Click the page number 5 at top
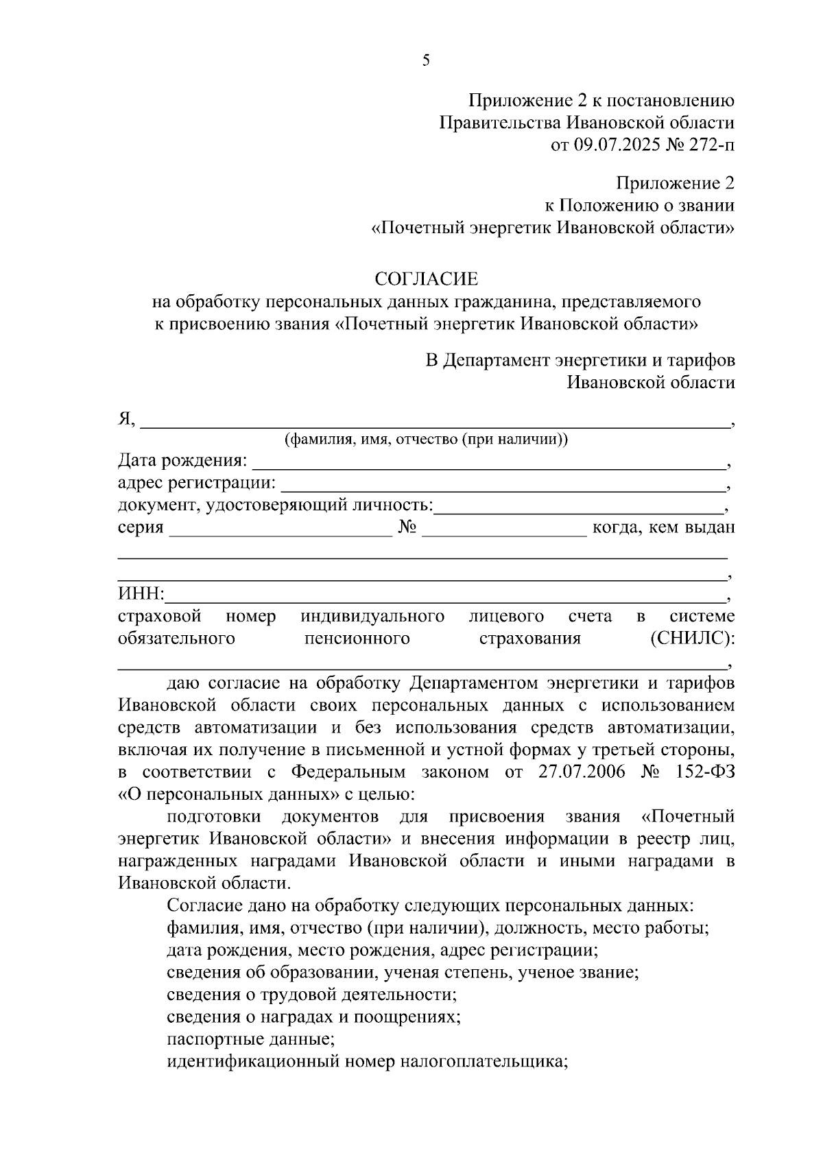point(426,61)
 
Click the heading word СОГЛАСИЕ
point(426,279)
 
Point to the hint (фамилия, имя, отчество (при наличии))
point(426,440)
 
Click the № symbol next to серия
point(407,527)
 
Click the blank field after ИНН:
point(446,594)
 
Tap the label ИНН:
point(141,593)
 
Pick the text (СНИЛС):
point(691,639)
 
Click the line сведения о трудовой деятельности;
point(312,994)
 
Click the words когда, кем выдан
point(663,527)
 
